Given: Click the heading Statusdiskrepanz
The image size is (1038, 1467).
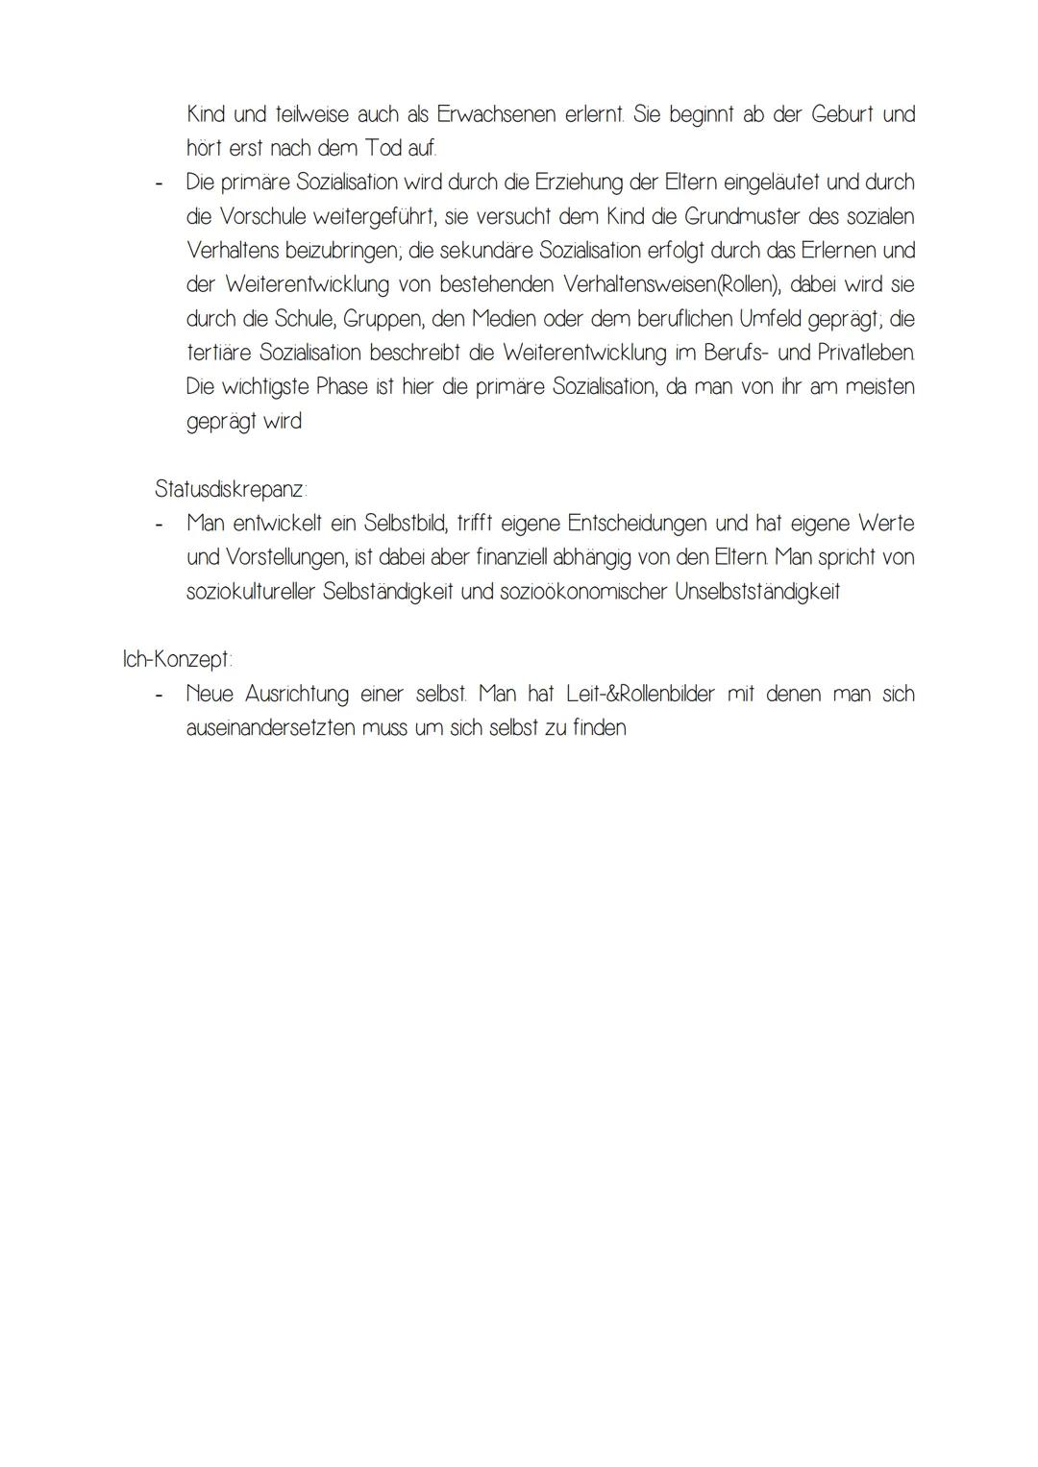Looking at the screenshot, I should point(231,489).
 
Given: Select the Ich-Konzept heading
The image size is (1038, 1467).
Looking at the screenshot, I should point(178,660).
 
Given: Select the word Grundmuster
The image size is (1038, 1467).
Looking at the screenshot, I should point(742,216).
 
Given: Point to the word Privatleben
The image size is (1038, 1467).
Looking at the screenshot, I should point(866,353).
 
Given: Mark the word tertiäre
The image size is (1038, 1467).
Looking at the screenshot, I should point(219,353).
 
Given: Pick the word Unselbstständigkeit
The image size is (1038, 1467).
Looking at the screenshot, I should point(757,592).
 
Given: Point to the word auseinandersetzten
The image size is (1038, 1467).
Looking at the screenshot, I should point(270,728).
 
